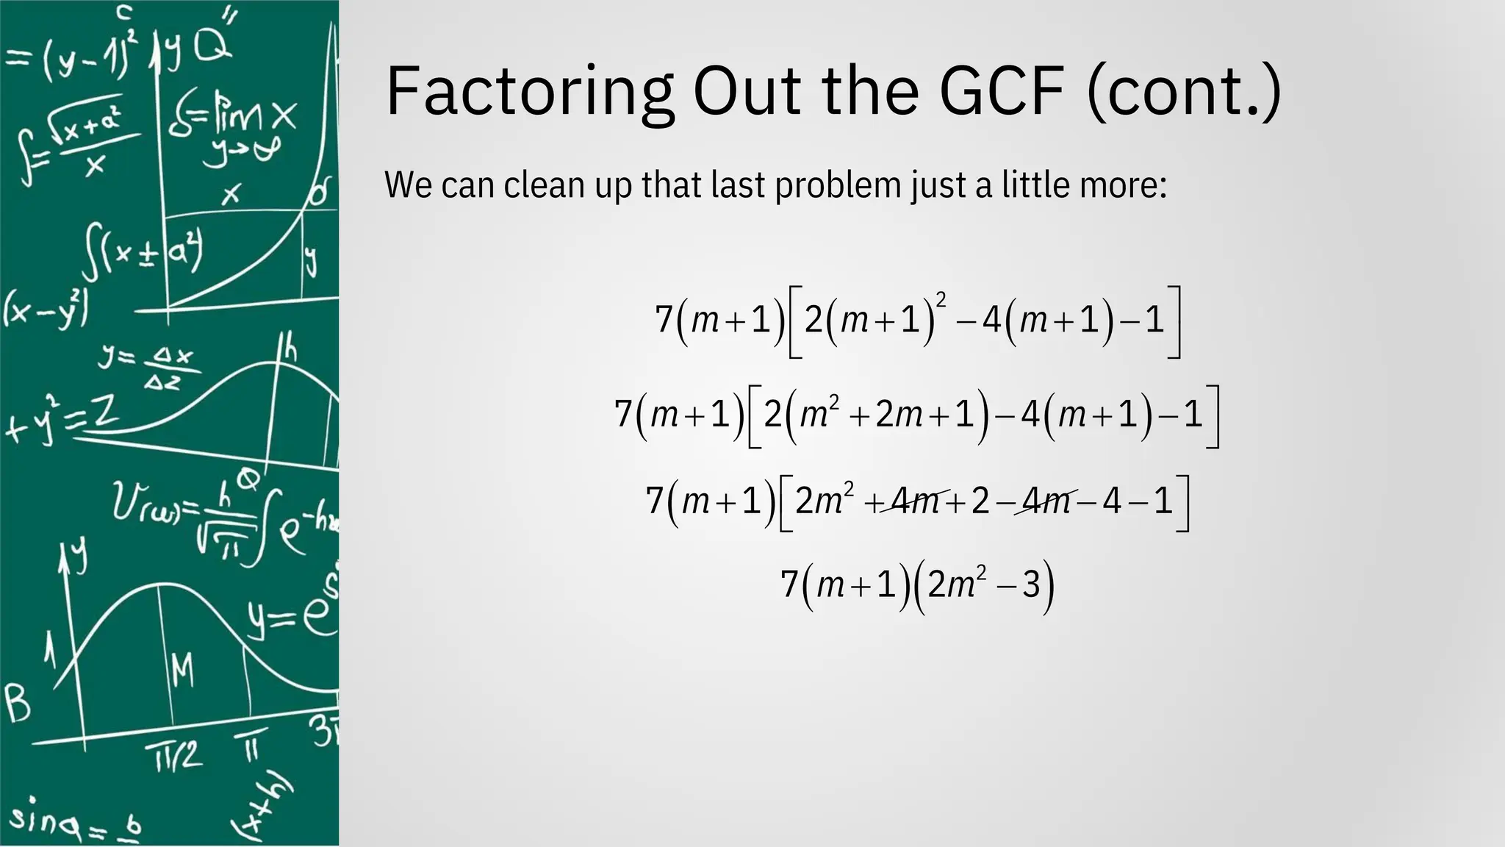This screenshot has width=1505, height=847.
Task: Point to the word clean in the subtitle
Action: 546,185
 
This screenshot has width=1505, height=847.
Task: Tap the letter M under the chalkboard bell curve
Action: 182,670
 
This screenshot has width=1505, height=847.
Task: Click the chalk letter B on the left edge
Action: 18,703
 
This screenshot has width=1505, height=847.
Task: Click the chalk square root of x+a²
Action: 92,125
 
